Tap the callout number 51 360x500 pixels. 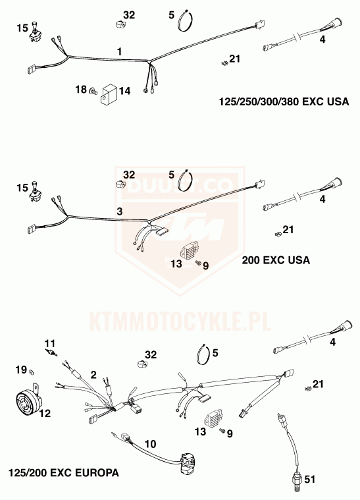(x=309, y=479)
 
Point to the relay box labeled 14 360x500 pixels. (x=109, y=94)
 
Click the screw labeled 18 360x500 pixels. (x=93, y=92)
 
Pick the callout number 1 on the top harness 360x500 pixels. (x=120, y=51)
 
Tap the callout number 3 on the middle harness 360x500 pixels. (x=120, y=211)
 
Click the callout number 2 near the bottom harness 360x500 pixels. (x=93, y=375)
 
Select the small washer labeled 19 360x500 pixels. (x=32, y=372)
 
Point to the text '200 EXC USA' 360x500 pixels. (x=276, y=260)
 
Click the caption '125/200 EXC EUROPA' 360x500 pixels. (x=64, y=472)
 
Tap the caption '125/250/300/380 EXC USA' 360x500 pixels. (x=284, y=101)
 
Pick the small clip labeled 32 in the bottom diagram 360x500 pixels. (x=141, y=364)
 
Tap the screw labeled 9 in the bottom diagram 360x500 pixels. (x=222, y=431)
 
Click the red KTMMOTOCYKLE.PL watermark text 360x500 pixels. (x=180, y=321)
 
